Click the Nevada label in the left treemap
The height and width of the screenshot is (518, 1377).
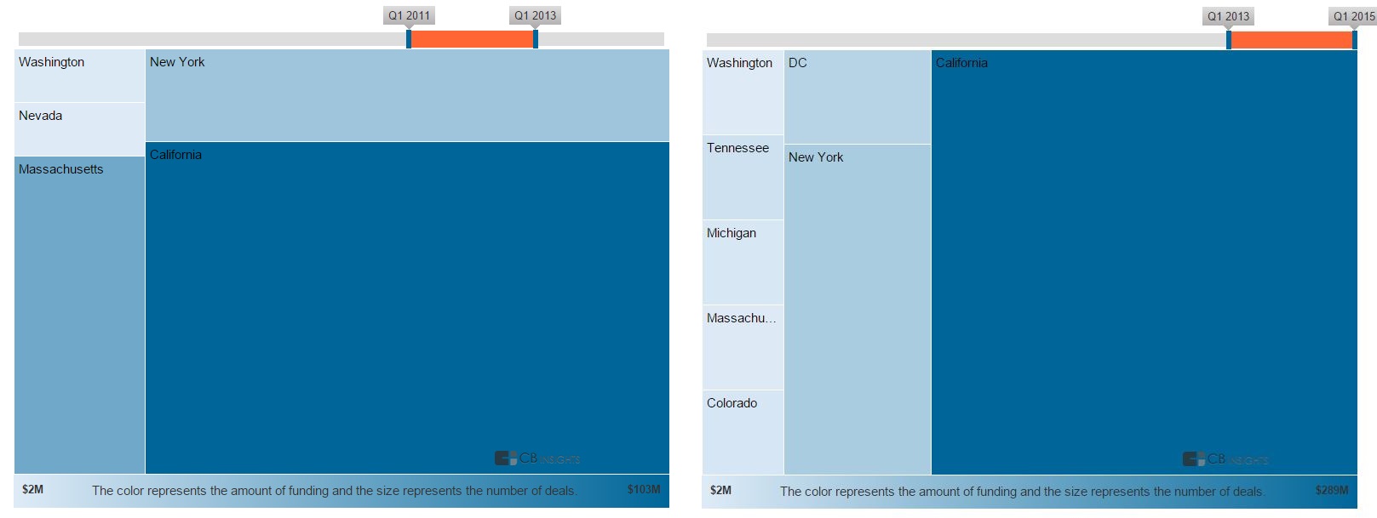[41, 116]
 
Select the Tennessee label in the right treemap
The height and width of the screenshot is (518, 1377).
[737, 148]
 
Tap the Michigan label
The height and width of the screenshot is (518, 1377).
[732, 233]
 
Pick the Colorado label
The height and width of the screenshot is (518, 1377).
[732, 403]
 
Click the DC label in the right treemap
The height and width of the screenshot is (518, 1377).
[798, 63]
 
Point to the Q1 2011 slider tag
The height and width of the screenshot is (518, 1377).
[409, 15]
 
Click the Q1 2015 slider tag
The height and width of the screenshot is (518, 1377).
[1353, 16]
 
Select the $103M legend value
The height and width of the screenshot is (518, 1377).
[644, 489]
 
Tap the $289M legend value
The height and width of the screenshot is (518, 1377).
[1332, 490]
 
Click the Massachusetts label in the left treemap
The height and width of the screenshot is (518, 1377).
[61, 169]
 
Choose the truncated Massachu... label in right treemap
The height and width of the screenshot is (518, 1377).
[741, 318]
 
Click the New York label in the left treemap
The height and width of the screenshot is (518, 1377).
[177, 62]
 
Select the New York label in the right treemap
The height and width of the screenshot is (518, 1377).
[816, 157]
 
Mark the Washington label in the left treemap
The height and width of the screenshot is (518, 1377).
[51, 62]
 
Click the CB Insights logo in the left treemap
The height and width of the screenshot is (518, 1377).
[537, 458]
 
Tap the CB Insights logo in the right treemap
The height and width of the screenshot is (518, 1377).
[1225, 459]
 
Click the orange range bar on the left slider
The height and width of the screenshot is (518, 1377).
[472, 39]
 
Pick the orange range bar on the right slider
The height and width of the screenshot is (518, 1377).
[1291, 40]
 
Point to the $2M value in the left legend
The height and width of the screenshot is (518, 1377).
[33, 489]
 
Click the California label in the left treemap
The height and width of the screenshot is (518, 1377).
[175, 155]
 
